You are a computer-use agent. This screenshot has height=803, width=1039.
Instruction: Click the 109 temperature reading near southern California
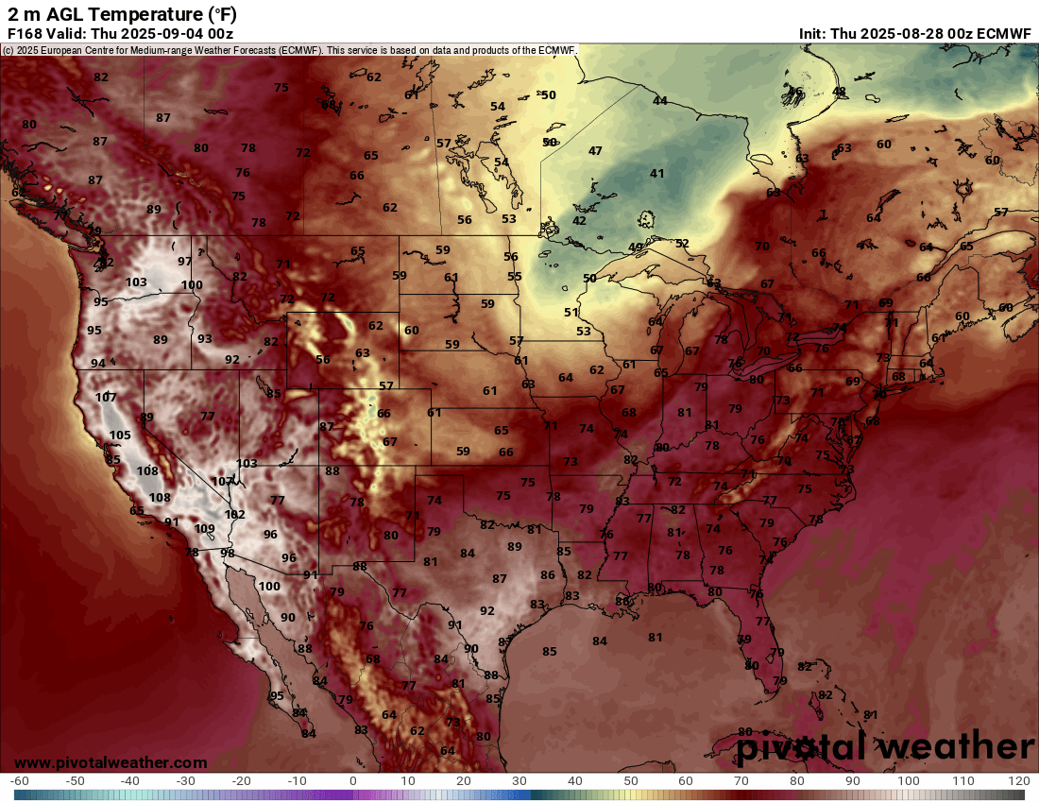205,529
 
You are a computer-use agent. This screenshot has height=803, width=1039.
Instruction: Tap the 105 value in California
120,436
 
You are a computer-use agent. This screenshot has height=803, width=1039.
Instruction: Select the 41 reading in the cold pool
657,174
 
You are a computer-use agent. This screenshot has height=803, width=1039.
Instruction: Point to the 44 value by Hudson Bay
660,101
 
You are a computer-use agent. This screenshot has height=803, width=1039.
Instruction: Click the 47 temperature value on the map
595,151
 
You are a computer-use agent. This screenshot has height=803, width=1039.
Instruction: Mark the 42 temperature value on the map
579,221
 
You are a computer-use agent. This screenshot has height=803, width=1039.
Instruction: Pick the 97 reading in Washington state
185,261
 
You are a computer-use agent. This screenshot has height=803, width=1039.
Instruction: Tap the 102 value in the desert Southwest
235,515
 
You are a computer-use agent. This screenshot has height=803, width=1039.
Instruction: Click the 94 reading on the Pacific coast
98,364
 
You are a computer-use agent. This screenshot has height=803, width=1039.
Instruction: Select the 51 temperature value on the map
571,313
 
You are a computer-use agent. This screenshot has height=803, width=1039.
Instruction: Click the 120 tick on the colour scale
1018,781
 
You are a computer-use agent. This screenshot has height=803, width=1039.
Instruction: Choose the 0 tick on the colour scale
352,781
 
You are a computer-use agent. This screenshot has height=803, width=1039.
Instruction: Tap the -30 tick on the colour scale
185,781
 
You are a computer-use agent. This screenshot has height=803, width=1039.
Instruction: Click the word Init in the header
812,33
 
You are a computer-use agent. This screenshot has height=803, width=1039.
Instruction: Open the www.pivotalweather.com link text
111,762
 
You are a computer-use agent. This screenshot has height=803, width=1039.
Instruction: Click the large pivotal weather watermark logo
885,747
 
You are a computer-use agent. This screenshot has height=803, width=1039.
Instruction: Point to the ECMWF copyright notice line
288,50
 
